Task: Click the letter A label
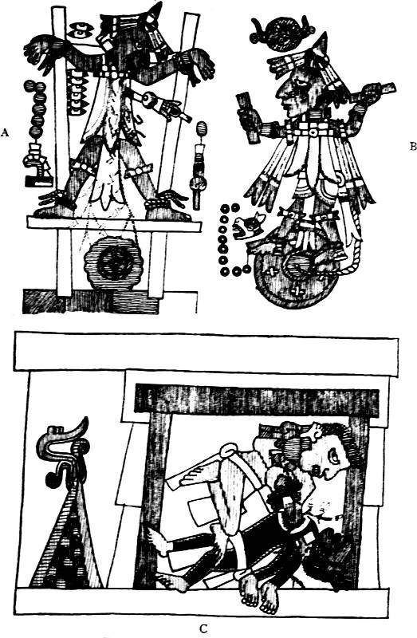tap(5, 132)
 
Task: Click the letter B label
tap(413, 147)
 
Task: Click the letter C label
tap(203, 629)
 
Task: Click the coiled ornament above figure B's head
tap(281, 33)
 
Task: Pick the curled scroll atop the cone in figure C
tap(65, 451)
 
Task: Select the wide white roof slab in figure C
tap(206, 352)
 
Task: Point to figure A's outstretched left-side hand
tap(37, 48)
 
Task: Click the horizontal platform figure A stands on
tap(114, 225)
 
